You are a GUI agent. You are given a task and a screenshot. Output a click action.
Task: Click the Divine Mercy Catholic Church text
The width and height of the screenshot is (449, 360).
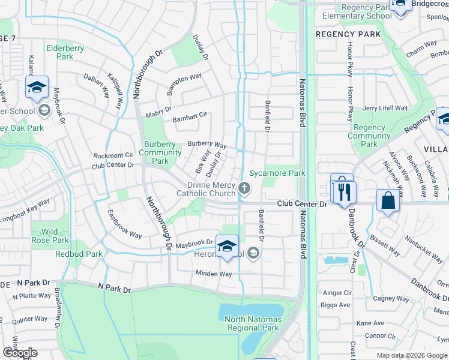click(206, 189)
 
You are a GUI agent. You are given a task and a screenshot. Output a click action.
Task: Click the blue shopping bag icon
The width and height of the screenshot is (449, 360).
click(388, 201)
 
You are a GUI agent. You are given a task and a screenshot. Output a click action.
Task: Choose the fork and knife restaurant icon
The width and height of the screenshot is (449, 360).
click(344, 192)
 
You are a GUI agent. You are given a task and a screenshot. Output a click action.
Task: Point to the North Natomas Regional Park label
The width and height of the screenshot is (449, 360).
click(253, 323)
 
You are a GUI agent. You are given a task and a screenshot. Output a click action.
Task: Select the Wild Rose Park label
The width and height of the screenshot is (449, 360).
click(50, 236)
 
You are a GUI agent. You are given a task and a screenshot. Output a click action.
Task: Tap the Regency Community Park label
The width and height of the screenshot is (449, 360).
click(369, 136)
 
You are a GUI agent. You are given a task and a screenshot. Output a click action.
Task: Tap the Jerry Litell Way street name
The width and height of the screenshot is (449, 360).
click(384, 108)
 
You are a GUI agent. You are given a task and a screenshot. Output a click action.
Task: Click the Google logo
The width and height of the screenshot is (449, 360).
click(19, 353)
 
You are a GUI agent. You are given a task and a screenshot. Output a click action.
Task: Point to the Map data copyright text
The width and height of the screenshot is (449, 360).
click(412, 355)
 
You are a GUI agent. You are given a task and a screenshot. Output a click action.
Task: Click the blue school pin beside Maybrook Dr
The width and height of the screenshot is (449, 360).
click(227, 246)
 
